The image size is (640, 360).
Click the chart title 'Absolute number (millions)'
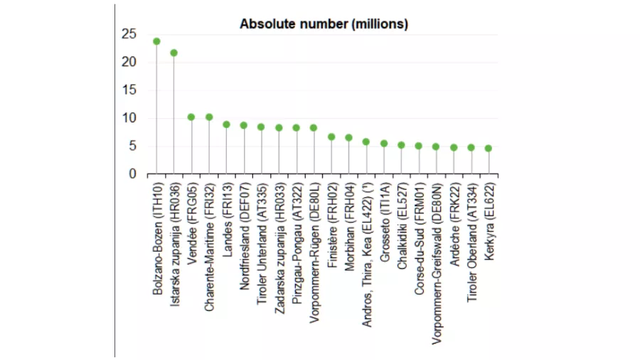pos(324,24)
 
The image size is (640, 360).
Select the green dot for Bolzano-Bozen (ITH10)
pos(156,41)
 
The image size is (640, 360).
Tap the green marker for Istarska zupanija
pos(174,53)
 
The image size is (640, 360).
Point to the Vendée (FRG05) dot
pos(191,117)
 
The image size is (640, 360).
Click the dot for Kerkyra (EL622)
pos(488,148)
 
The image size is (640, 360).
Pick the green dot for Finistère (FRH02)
pos(331,137)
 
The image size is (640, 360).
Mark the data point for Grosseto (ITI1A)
pos(384,143)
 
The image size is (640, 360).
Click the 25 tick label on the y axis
pos(128,34)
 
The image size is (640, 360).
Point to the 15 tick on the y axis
pos(128,90)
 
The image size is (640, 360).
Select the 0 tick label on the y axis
pos(132,174)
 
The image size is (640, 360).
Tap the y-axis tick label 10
pos(128,118)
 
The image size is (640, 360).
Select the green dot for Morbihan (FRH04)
pos(348,138)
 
